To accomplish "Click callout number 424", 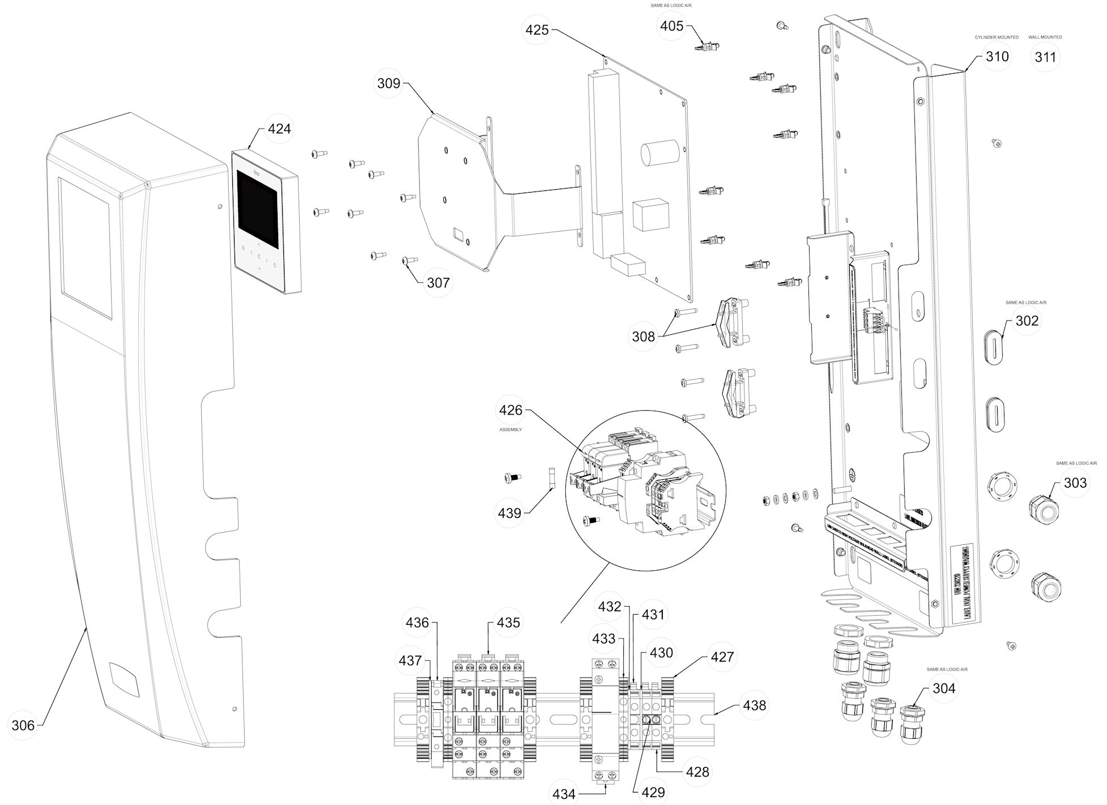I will coord(279,129).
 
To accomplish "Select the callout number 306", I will coord(23,725).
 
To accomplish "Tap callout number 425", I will coord(537,29).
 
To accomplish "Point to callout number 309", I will coord(389,83).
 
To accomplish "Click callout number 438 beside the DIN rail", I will coord(754,705).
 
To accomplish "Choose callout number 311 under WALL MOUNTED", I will coord(1045,57).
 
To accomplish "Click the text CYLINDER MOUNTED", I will coord(997,37).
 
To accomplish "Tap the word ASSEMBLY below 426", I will coord(510,430).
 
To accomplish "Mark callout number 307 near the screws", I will coord(438,283).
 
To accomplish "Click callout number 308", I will coord(643,337).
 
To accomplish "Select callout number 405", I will coord(672,26).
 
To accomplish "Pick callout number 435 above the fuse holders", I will coord(508,623).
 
